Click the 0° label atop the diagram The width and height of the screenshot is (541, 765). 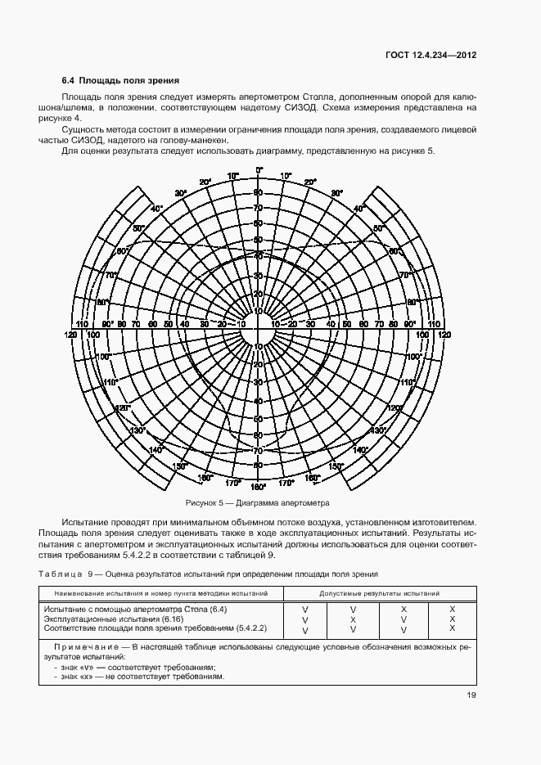click(x=259, y=170)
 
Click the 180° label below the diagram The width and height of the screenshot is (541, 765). click(x=259, y=487)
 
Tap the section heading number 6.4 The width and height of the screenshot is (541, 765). click(x=69, y=81)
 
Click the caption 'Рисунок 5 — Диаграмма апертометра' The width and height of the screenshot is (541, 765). click(x=259, y=502)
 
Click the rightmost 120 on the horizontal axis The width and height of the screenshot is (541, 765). click(x=444, y=335)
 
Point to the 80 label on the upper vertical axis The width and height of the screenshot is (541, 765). click(x=258, y=193)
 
